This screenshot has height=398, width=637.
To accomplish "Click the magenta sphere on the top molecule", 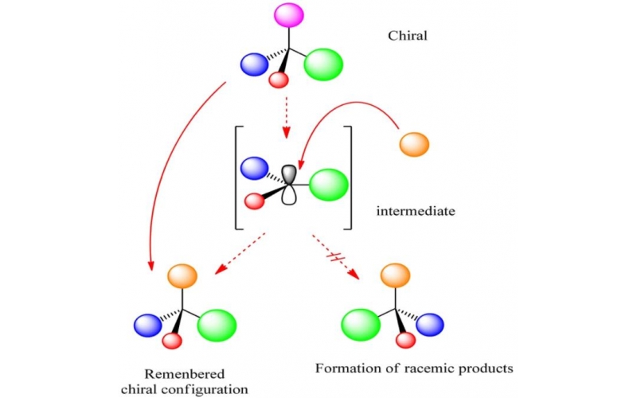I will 289,14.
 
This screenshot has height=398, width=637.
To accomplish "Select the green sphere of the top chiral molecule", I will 324,64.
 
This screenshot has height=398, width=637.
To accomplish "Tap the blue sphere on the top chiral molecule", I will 254,63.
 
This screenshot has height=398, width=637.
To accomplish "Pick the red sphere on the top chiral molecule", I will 278,80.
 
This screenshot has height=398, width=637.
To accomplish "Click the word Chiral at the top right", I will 408,36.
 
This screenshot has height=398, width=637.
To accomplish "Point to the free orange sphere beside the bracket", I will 413,144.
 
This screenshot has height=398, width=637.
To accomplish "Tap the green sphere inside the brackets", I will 328,185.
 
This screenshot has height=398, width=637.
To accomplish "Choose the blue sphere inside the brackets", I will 254,168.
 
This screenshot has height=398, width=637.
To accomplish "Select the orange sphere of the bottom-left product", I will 182,276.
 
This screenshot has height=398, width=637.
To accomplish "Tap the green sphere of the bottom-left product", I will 217,325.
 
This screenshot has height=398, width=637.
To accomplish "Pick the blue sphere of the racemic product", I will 430,325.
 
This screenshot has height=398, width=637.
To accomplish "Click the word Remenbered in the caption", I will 185,374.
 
